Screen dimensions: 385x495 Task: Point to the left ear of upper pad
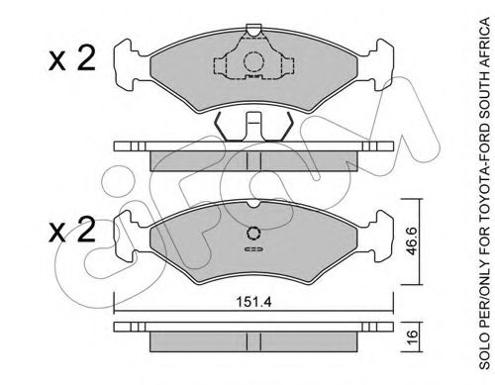129,62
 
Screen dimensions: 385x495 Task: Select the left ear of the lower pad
129,236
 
